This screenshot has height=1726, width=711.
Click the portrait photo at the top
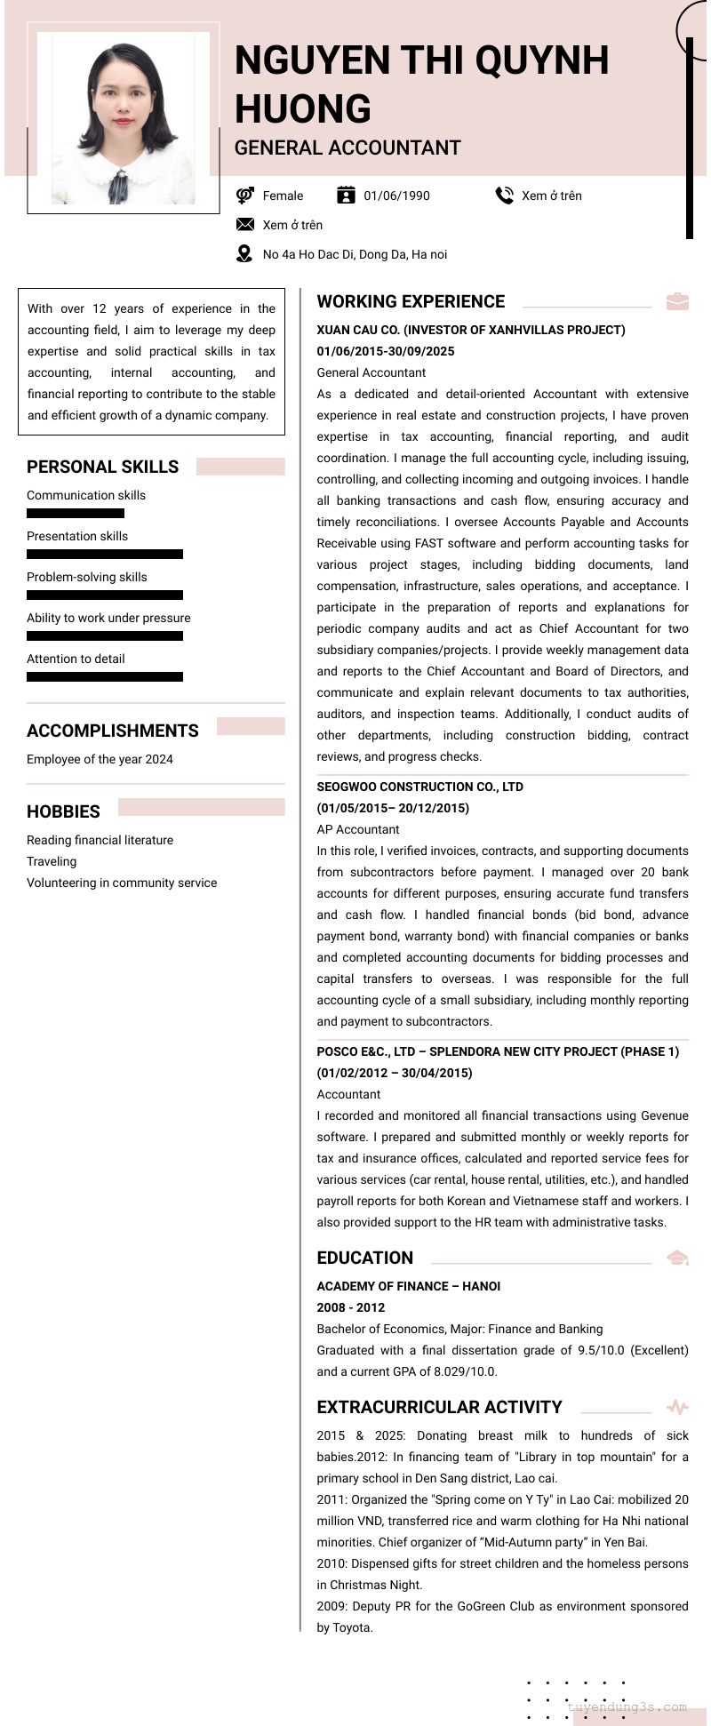tap(124, 118)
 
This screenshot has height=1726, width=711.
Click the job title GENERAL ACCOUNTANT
tap(348, 148)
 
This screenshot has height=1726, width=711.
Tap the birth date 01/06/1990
tap(396, 196)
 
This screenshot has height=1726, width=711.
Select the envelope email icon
tap(245, 225)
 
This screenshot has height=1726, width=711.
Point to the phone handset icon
tap(505, 196)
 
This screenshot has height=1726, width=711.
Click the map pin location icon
tap(244, 254)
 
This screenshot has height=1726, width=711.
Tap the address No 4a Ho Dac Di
tap(355, 254)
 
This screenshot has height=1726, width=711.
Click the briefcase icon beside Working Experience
tap(677, 301)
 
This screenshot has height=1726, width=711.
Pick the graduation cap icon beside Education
tap(677, 1258)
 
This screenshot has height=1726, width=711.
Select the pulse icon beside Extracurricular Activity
tap(677, 1407)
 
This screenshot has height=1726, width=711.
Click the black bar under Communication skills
tap(76, 513)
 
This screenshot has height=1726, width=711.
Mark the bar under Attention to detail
tap(105, 676)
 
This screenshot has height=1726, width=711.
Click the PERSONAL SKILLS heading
tap(102, 467)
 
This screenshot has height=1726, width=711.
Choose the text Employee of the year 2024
tap(100, 759)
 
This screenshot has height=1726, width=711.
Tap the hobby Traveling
tap(52, 861)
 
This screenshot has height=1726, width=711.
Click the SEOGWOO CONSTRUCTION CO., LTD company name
tap(419, 787)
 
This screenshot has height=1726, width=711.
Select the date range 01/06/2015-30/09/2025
tap(386, 351)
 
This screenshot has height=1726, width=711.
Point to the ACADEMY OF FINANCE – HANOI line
tap(409, 1286)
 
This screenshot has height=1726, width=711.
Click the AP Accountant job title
tap(358, 829)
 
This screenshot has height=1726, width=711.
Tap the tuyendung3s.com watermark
tap(627, 1706)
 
